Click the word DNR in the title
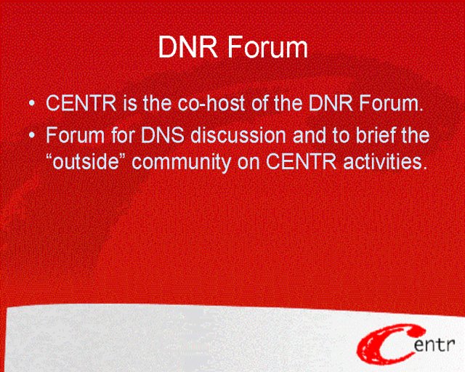click(x=188, y=47)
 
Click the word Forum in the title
click(x=268, y=47)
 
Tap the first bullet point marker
click(x=32, y=103)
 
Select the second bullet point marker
click(x=32, y=135)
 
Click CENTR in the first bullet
click(x=81, y=103)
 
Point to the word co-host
click(x=211, y=103)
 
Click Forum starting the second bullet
click(x=76, y=135)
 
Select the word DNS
click(x=163, y=135)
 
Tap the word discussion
click(x=238, y=135)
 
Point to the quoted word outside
click(x=86, y=162)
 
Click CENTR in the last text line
click(x=302, y=162)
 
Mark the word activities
click(x=385, y=162)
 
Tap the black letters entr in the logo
click(x=434, y=344)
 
